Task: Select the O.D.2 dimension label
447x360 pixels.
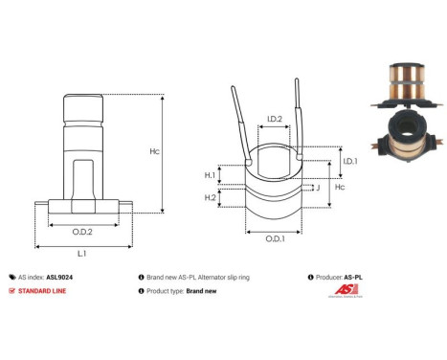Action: pyautogui.click(x=82, y=231)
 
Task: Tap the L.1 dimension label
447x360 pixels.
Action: pyautogui.click(x=82, y=254)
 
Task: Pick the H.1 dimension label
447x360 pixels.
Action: pyautogui.click(x=211, y=175)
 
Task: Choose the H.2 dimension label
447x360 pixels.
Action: pyautogui.click(x=211, y=198)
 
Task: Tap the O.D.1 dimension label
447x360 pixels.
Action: pyautogui.click(x=275, y=237)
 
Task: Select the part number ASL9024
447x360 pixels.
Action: pyautogui.click(x=59, y=275)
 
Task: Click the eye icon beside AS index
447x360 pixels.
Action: pyautogui.click(x=11, y=275)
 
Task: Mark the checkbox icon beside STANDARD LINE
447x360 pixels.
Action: pyautogui.click(x=11, y=291)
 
